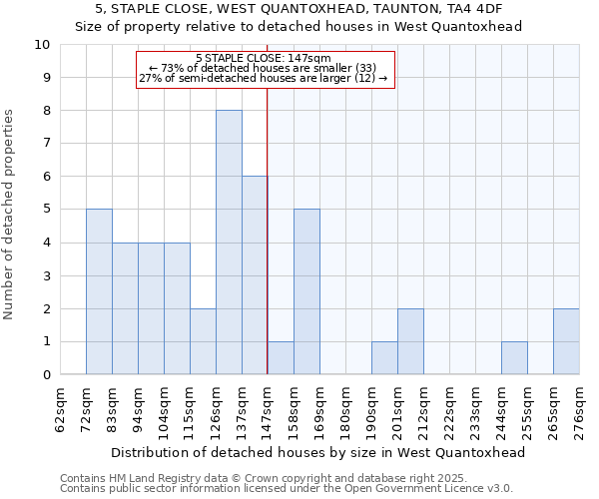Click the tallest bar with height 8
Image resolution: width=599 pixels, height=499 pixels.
click(x=229, y=243)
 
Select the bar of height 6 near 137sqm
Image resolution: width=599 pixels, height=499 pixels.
click(x=255, y=275)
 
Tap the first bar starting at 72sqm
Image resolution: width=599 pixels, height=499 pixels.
click(x=99, y=291)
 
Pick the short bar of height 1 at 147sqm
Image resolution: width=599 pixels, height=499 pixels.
click(x=281, y=358)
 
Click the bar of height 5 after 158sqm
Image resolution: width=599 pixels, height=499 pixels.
click(x=306, y=291)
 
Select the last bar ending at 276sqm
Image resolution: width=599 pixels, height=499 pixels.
click(x=566, y=342)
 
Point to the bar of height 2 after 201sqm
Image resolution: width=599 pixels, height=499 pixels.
click(x=410, y=342)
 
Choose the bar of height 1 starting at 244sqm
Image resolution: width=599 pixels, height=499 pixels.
click(x=514, y=358)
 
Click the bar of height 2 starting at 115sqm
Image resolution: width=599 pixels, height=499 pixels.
click(x=203, y=342)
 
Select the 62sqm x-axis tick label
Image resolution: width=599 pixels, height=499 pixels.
click(x=61, y=409)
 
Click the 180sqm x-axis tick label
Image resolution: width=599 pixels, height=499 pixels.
click(x=346, y=409)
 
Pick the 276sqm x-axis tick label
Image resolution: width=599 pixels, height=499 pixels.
click(x=580, y=409)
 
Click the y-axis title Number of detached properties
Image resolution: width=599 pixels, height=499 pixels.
click(x=10, y=215)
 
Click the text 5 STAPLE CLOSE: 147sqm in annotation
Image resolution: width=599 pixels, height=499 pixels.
click(x=264, y=59)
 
